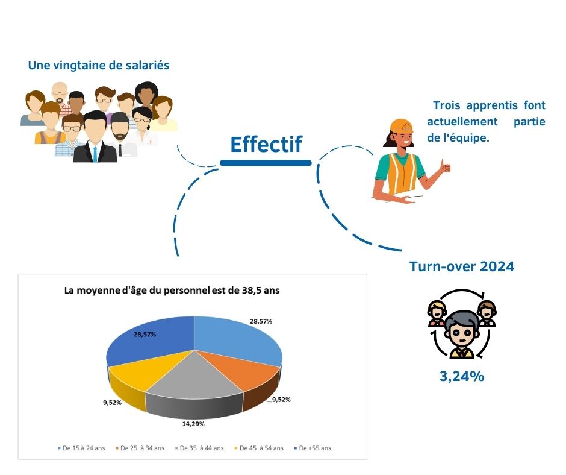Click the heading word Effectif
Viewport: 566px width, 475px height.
(x=266, y=144)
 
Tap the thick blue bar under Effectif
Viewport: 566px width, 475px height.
(x=266, y=163)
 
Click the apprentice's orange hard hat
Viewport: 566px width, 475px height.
(x=401, y=125)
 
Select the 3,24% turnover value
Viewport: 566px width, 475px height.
(x=462, y=376)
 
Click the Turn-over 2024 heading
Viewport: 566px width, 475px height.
(x=462, y=266)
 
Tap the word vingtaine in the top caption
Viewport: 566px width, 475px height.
(x=87, y=66)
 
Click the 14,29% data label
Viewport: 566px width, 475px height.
(x=193, y=424)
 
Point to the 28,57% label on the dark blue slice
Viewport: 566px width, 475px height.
(x=145, y=335)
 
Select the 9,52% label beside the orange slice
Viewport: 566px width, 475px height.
(x=281, y=400)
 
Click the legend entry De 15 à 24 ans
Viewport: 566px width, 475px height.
(x=81, y=448)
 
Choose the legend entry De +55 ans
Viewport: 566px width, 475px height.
(x=313, y=448)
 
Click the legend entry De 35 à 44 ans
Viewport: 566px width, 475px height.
(x=199, y=448)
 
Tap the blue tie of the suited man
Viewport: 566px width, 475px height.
(x=95, y=154)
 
